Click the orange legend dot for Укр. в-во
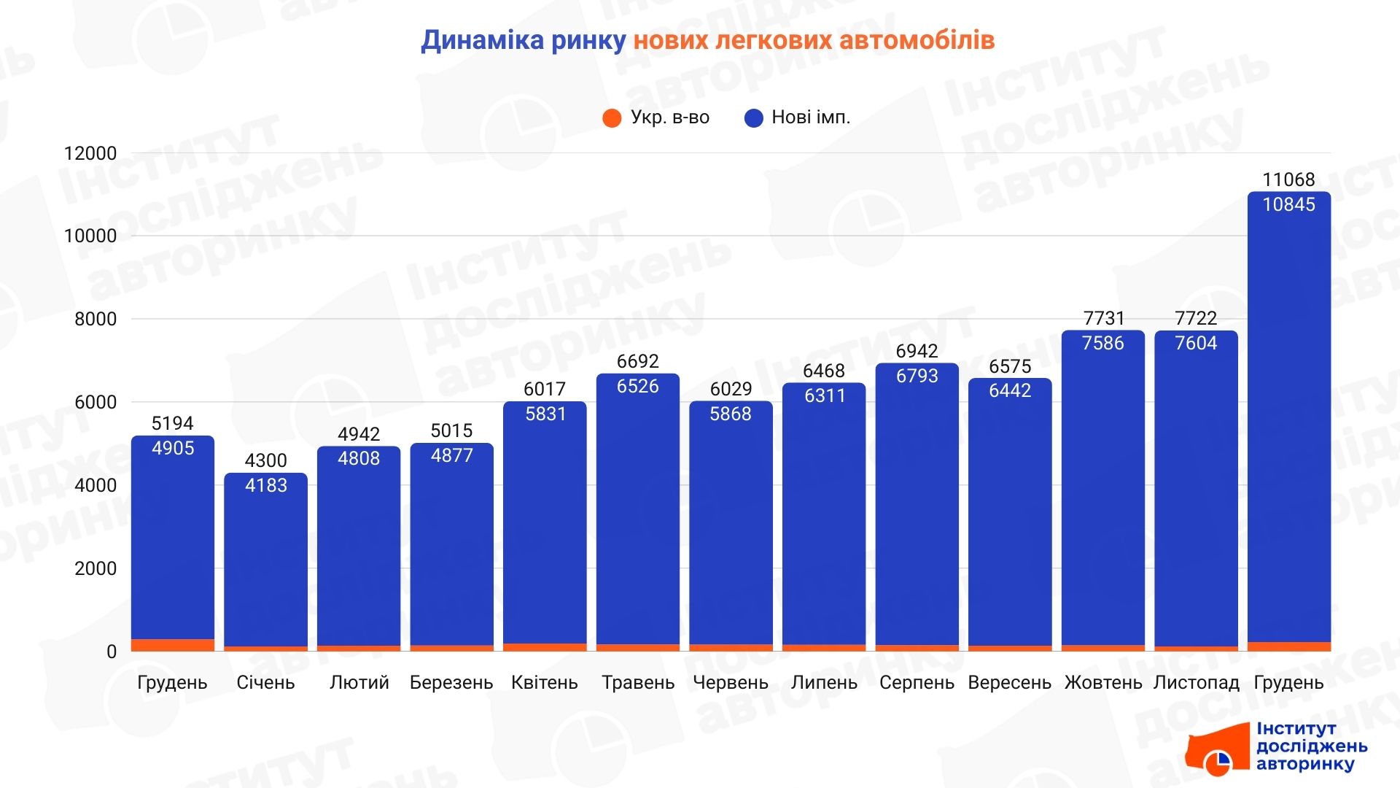pos(612,117)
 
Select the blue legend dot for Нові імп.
pos(753,117)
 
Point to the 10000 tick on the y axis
pos(90,236)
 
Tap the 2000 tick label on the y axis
pos(96,568)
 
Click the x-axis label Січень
pos(265,683)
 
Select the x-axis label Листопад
pos(1196,683)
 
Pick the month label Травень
pos(638,683)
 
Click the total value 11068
pos(1288,179)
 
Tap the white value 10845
pos(1288,204)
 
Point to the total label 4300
pos(265,460)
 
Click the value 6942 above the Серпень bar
pos(917,351)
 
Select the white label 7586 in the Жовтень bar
pos(1102,343)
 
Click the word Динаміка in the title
pos(482,40)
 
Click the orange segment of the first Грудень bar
pos(173,645)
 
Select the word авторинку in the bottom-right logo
pos(1304,764)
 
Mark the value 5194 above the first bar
pos(172,423)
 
